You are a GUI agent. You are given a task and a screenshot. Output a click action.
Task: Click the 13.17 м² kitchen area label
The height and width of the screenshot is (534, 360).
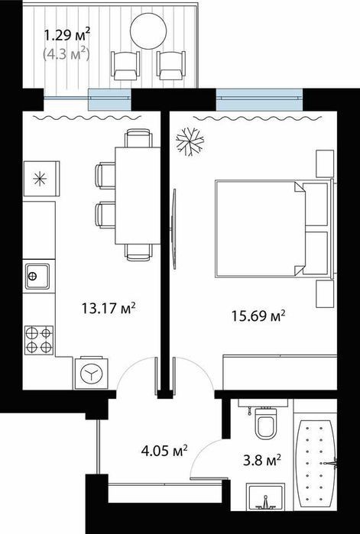pos(109,309)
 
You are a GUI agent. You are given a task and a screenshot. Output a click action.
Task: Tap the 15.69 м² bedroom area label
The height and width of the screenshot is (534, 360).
pos(258,316)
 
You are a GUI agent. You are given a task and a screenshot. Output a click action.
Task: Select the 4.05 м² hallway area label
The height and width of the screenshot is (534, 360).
pos(164,451)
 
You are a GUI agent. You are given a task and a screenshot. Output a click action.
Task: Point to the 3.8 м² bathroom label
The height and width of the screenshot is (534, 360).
pos(261,461)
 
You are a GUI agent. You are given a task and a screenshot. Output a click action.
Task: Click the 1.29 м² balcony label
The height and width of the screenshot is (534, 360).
pos(67,34)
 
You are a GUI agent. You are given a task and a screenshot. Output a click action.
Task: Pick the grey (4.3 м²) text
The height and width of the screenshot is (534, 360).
pos(66,53)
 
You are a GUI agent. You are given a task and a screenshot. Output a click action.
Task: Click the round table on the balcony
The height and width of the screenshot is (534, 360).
pos(148,31)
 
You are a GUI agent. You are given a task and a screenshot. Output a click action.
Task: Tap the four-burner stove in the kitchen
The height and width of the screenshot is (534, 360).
pos(39,340)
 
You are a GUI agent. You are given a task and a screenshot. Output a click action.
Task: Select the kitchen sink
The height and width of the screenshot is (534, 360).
pos(37,277)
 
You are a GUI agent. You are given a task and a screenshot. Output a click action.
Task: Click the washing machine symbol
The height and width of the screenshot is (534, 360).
pos(91,374)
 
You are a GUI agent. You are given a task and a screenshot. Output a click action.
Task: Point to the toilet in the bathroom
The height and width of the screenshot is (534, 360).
pos(266,423)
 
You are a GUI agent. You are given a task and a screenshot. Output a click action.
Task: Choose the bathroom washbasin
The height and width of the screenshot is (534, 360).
pos(266,497)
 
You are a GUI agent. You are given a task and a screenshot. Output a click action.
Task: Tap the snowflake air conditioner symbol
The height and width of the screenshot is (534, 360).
pos(190,141)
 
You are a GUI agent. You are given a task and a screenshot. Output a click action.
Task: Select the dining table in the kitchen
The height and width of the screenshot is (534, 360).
pos(138,195)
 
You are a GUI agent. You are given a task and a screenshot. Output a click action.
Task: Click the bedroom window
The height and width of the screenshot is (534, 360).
pos(259,99)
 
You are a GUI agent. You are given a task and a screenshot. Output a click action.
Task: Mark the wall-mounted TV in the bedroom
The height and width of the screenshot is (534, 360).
pos(174,229)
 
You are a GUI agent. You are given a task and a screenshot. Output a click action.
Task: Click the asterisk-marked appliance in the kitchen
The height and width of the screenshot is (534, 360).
pos(41,179)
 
